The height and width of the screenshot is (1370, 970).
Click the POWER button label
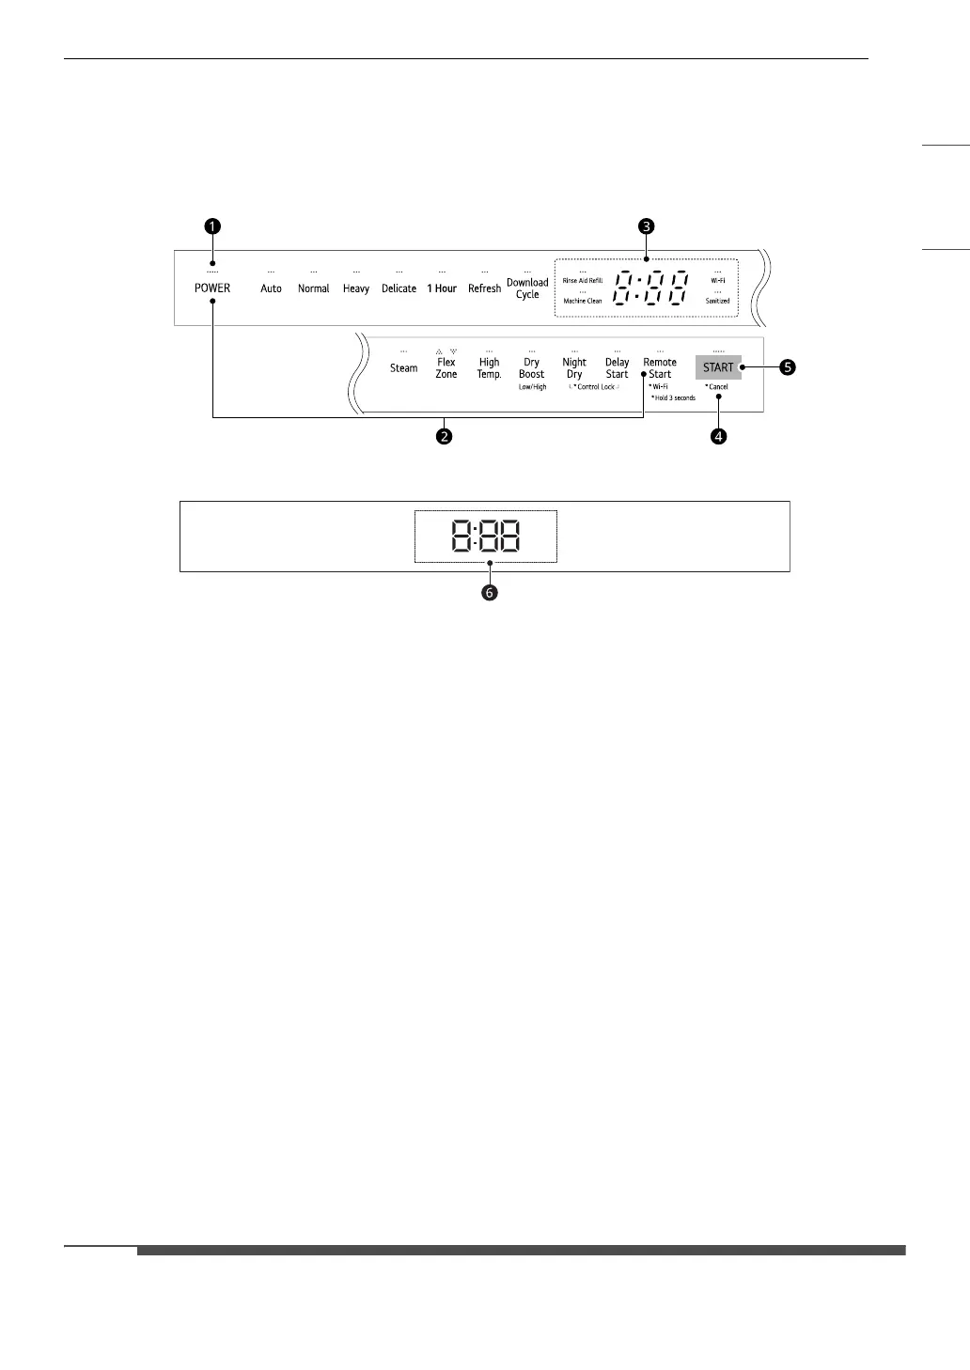point(211,288)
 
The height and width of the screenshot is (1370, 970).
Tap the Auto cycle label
point(271,288)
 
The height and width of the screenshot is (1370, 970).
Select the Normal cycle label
point(313,288)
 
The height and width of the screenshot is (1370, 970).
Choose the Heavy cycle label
point(356,288)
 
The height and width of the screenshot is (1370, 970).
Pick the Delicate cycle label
point(399,288)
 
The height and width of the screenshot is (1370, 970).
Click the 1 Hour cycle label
point(442,288)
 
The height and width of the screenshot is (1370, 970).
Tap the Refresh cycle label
point(484,288)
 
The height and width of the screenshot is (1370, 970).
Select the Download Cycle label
point(527,288)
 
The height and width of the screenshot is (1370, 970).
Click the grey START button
point(718,367)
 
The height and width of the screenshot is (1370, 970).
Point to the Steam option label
point(403,368)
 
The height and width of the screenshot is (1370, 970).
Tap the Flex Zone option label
point(446,368)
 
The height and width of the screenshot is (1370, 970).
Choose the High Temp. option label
point(489,368)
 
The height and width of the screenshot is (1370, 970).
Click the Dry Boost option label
point(532,368)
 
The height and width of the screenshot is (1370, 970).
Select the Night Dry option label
point(574,368)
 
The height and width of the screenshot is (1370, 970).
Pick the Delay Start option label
point(617,368)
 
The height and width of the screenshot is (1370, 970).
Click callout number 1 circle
point(213,226)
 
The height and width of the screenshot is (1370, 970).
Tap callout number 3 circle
point(645,226)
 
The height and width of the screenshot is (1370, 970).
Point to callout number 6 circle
point(490,593)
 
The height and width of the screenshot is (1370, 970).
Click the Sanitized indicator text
point(718,301)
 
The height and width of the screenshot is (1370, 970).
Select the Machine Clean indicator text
point(583,301)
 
